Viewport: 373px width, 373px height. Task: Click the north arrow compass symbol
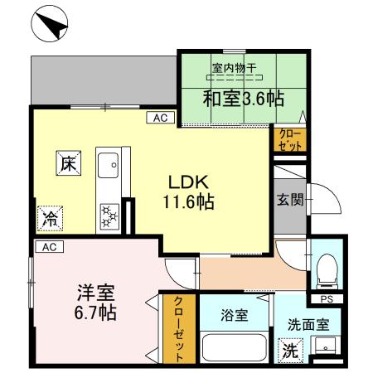[51, 24]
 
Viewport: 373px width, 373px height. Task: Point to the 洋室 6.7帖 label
[96, 303]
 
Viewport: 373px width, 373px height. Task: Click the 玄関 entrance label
[290, 198]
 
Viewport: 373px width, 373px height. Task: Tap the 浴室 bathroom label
[233, 316]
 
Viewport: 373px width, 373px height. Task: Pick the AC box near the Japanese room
[160, 119]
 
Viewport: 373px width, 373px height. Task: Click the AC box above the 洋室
[49, 247]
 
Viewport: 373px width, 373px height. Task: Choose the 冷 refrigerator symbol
[50, 219]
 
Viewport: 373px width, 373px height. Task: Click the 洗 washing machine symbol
[289, 350]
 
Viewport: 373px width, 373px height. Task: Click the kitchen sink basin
[108, 167]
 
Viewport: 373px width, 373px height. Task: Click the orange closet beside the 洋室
[176, 330]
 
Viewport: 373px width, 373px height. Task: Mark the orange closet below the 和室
[289, 138]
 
